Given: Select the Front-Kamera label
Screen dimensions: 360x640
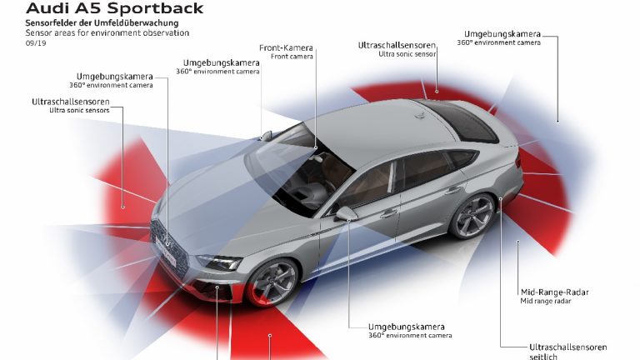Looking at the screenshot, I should [287, 47].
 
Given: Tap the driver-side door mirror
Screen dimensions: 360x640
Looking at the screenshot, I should [345, 213].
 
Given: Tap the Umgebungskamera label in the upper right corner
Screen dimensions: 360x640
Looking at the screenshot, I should [507, 34].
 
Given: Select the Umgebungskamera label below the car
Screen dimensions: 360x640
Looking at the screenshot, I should [407, 326].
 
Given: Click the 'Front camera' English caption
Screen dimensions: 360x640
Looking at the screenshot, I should [285, 57].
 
